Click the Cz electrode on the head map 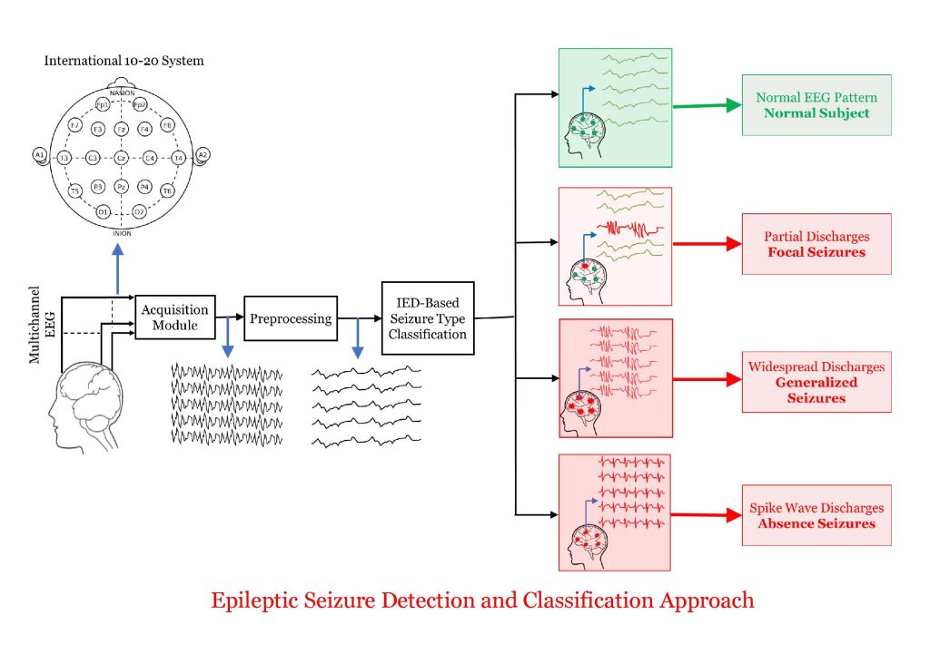(x=121, y=158)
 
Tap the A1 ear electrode (x=39, y=155)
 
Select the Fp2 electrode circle (x=140, y=105)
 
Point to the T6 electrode (x=167, y=190)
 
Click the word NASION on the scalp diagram (x=122, y=93)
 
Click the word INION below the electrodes (x=122, y=233)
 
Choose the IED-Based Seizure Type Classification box (x=427, y=317)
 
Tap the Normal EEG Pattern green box (x=816, y=105)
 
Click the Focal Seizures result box (x=816, y=244)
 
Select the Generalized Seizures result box (x=816, y=382)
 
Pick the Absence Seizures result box (x=816, y=515)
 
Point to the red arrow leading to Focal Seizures (x=707, y=244)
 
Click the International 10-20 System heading (x=124, y=62)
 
